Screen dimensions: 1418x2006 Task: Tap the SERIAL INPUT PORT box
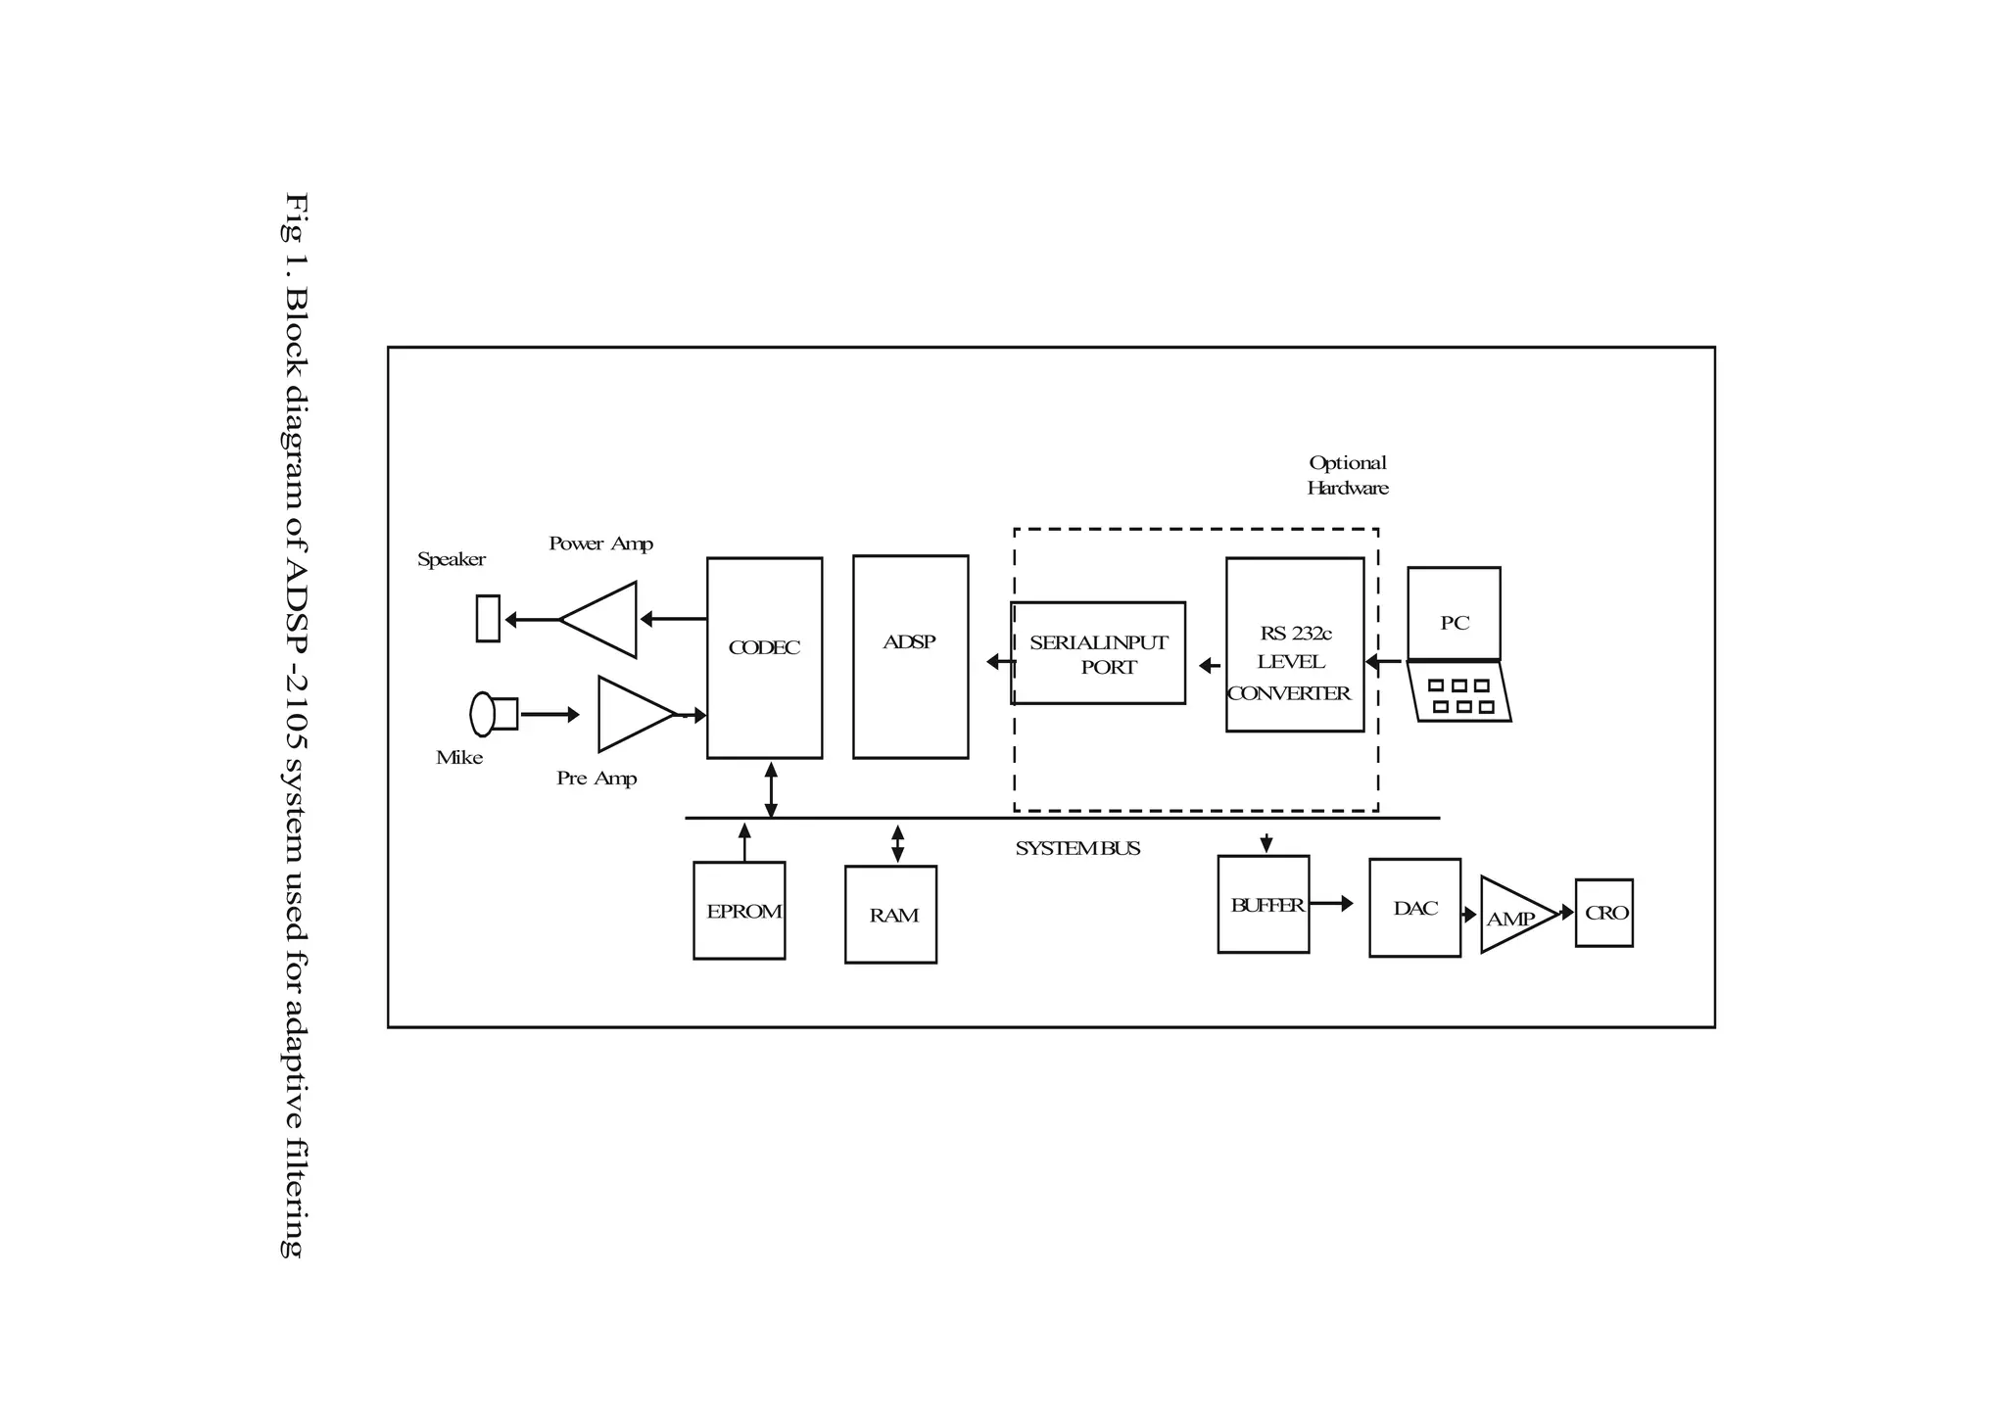click(1098, 653)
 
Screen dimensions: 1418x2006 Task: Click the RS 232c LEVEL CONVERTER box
click(1294, 644)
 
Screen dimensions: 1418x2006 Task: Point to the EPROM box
click(740, 911)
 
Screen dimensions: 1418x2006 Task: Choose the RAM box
click(890, 915)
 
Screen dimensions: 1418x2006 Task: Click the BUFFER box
click(1263, 905)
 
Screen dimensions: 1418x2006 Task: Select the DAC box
click(1414, 908)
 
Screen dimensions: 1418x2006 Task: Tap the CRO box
click(1603, 913)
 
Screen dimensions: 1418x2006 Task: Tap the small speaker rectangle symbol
click(488, 618)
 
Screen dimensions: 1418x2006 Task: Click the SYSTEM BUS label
click(1077, 849)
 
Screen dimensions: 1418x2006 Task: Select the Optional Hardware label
click(1348, 475)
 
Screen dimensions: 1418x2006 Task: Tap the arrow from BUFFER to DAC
click(1331, 904)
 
